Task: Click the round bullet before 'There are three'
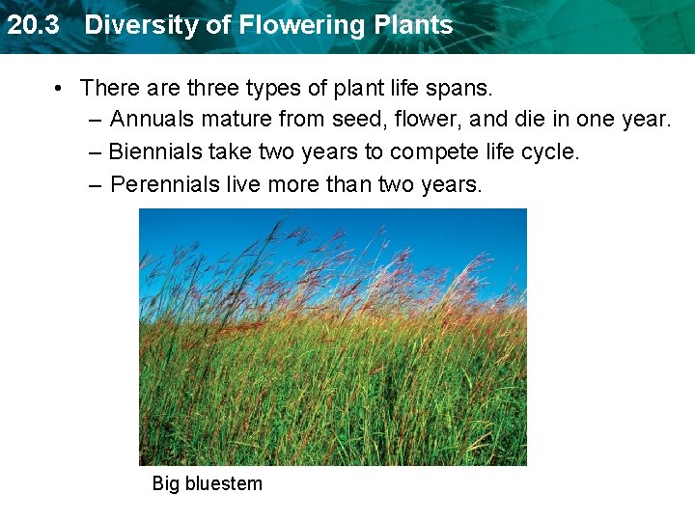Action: [x=60, y=89]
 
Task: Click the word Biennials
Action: [x=155, y=151]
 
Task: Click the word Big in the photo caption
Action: [x=165, y=484]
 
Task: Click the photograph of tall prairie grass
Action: [x=333, y=338]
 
